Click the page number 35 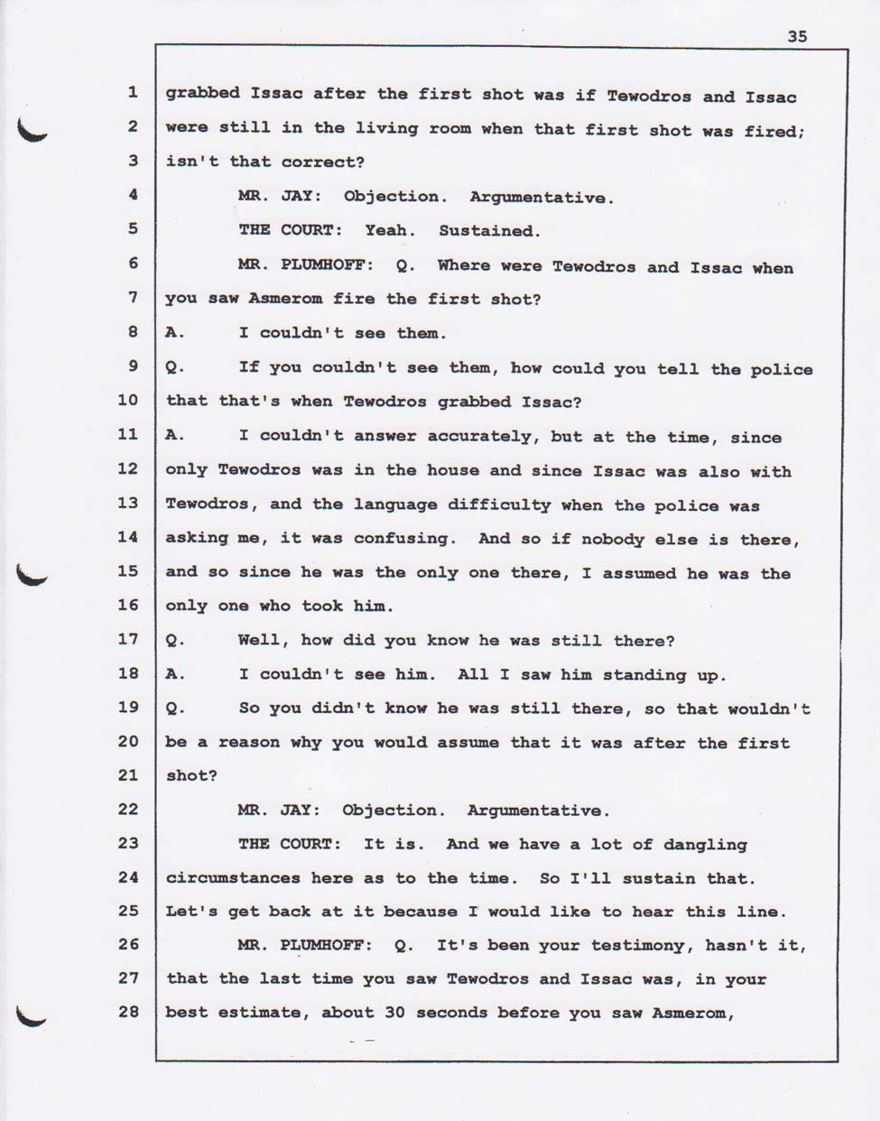tap(797, 37)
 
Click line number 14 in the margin tap(127, 537)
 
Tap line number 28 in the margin tap(127, 1012)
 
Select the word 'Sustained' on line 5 tap(488, 231)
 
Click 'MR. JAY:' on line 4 tap(280, 196)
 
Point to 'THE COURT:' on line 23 tap(290, 844)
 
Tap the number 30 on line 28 tap(394, 1013)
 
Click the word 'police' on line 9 tap(780, 369)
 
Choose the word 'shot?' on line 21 tap(190, 776)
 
